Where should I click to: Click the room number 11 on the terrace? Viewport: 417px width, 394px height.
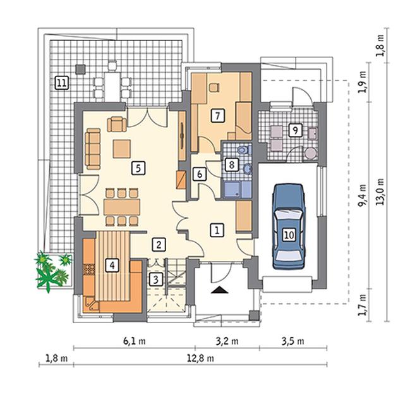coord(61,83)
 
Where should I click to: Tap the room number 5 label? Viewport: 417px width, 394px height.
coord(138,168)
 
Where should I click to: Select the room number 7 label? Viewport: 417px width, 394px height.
coord(217,116)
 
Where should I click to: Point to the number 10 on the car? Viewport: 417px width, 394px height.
coord(289,235)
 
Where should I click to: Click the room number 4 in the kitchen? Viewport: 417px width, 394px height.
coord(112,266)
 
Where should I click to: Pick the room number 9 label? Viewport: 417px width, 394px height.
coord(295,130)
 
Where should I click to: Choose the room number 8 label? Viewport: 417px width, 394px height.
coord(231,165)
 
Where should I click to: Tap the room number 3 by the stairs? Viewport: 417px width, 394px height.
coord(155,280)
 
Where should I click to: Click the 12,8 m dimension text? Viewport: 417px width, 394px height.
coord(200,358)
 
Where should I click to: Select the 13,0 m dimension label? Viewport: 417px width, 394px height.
coord(380,192)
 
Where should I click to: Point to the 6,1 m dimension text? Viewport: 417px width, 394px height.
coord(134,341)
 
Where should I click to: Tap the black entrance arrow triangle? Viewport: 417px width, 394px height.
coord(220,290)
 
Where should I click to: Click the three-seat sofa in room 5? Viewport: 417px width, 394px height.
coord(93,149)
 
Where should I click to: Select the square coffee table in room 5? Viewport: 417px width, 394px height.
coord(122,149)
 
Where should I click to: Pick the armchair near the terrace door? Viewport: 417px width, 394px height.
coord(117,124)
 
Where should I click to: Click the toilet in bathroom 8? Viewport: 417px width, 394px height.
coord(244,150)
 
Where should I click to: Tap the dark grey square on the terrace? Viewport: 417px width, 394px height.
coord(80,69)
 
